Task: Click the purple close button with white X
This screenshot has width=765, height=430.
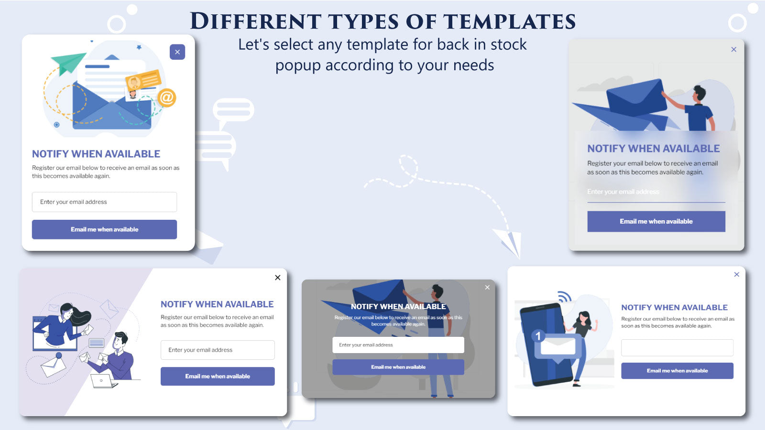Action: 177,52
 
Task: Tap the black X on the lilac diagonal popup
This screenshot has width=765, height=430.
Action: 278,278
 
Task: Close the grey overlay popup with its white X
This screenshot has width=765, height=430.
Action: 487,287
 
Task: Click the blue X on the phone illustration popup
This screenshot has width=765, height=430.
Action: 737,274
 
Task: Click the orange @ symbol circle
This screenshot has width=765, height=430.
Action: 166,97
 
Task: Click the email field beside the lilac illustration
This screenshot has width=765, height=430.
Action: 218,350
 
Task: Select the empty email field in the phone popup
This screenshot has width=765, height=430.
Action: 677,347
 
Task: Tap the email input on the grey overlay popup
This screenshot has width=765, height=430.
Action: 398,345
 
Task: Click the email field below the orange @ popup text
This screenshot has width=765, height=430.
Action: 104,202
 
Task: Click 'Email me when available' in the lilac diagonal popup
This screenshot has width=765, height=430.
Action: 218,376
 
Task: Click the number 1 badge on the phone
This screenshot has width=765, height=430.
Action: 538,336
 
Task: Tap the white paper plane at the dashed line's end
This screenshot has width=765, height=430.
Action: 508,242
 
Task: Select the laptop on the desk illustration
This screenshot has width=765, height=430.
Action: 103,381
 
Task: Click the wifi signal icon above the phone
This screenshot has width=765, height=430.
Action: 565,297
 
